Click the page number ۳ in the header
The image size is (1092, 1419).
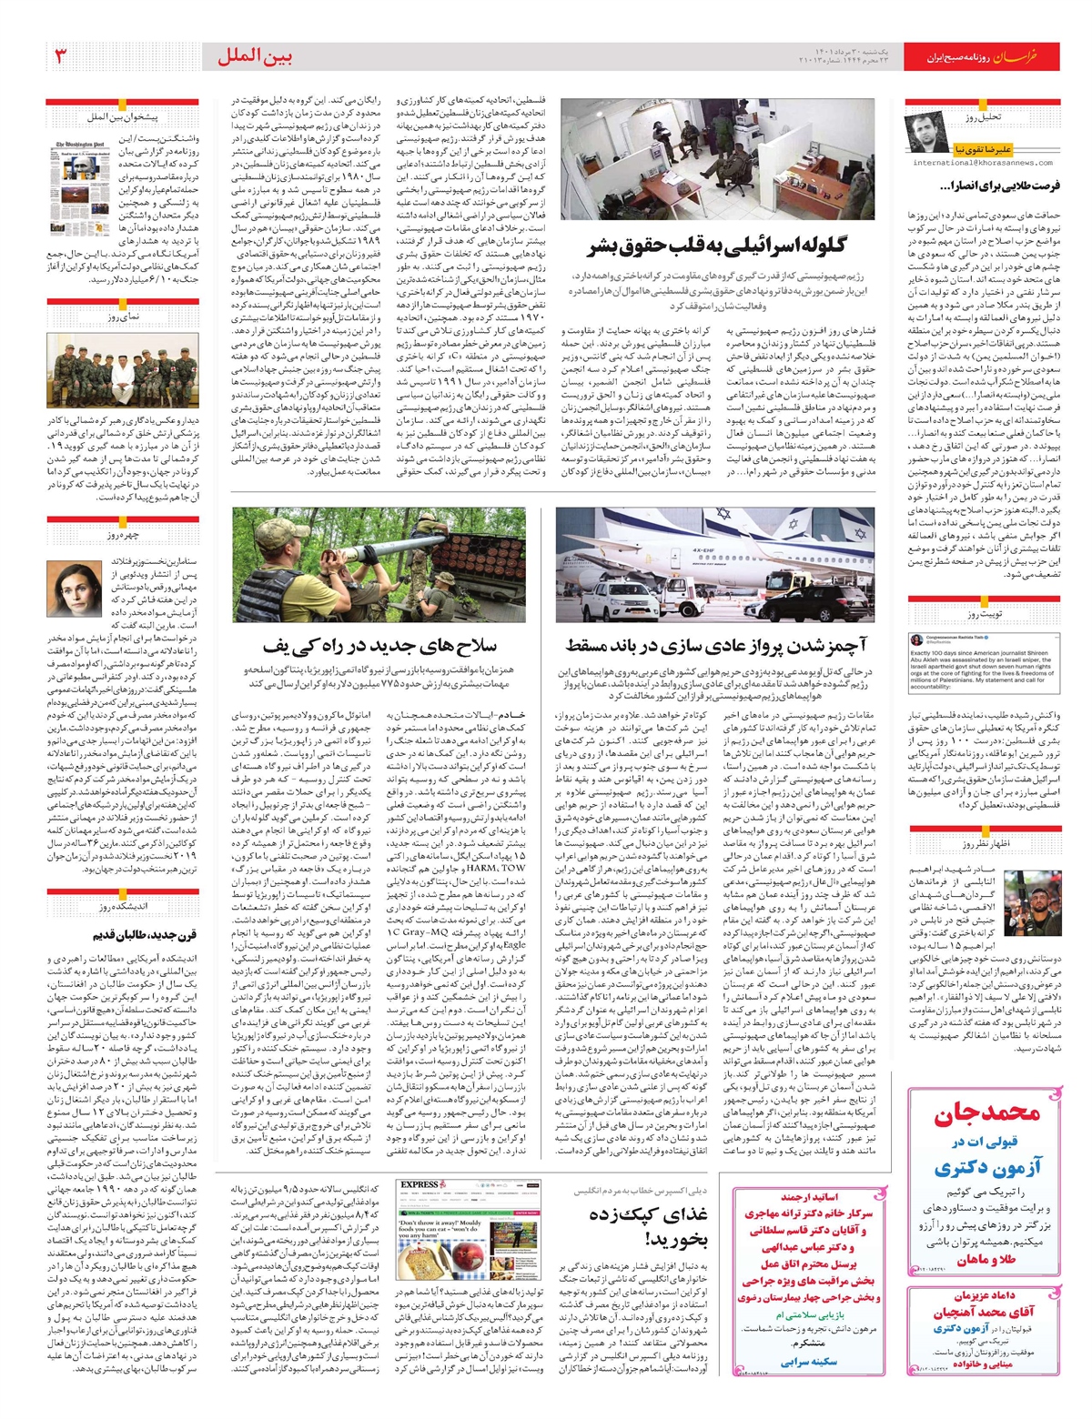coord(61,56)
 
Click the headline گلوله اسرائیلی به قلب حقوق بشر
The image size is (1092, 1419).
coord(719,246)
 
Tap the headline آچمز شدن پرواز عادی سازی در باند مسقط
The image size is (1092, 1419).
coord(716,646)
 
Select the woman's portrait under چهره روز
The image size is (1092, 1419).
coord(76,587)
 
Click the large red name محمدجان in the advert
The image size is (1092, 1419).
coord(986,1113)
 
